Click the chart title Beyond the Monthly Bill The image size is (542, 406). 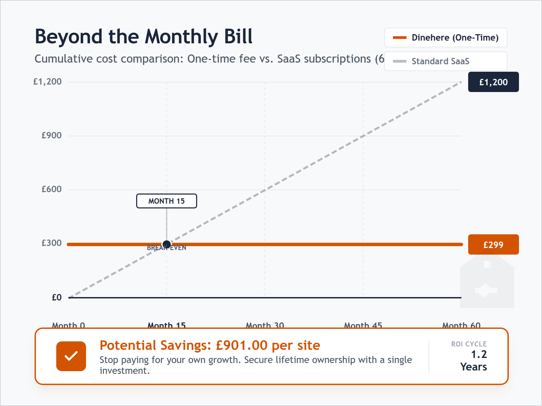coord(144,37)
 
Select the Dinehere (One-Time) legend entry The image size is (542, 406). coord(445,38)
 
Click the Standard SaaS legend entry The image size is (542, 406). coord(445,61)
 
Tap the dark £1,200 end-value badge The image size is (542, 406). coord(493,82)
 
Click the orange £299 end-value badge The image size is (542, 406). coord(493,245)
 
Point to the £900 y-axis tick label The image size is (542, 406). coord(51,136)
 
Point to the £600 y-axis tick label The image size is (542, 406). coord(51,189)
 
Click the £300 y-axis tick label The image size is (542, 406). coord(51,243)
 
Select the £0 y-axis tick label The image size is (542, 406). coord(57,297)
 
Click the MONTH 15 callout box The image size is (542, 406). coord(166,201)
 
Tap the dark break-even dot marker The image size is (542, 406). coord(167,244)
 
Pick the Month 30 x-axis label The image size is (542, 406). coord(265,325)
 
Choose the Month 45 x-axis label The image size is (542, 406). coord(363,325)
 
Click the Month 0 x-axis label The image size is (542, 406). coord(68,325)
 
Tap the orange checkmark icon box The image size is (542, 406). coord(71,356)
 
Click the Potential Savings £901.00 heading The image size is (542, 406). coord(210,345)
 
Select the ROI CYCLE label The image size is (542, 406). coord(469,344)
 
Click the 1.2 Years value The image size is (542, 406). coord(474,361)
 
